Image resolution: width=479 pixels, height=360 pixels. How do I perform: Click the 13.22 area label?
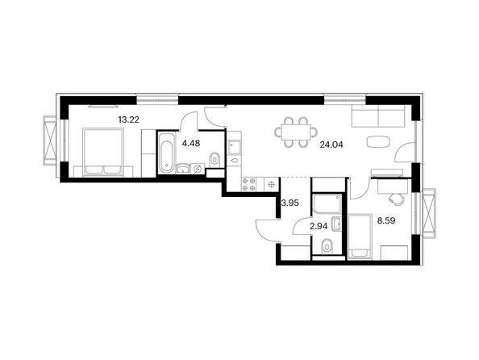point(128,119)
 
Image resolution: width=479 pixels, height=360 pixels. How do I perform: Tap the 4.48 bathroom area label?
point(191,143)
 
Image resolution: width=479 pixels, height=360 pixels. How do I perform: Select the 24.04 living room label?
point(331,144)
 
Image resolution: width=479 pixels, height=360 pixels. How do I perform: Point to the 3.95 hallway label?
point(289,203)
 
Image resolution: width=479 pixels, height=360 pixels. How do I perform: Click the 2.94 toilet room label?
point(319,226)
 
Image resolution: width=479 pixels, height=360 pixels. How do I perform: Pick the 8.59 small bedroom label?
point(386,220)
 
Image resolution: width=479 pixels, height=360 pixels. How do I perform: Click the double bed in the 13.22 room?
point(103,152)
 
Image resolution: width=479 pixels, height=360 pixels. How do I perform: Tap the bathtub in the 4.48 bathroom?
point(167,153)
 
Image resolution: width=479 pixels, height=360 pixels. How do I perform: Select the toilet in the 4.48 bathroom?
point(215,159)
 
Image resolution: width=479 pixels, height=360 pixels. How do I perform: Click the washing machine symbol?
point(198,169)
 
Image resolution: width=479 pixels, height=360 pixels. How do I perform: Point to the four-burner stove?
point(249,184)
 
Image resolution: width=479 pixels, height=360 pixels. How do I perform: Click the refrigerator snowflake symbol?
point(272,184)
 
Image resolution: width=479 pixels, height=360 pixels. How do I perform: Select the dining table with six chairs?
point(296,132)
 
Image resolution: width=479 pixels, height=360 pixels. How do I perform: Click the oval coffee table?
point(378,141)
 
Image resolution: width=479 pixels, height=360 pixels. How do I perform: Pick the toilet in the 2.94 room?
point(327,246)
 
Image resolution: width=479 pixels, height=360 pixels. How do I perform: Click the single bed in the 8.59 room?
point(360,236)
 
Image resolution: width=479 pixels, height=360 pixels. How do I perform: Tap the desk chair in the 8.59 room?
point(396,199)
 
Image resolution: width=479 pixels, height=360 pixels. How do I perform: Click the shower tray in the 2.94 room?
point(327,203)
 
